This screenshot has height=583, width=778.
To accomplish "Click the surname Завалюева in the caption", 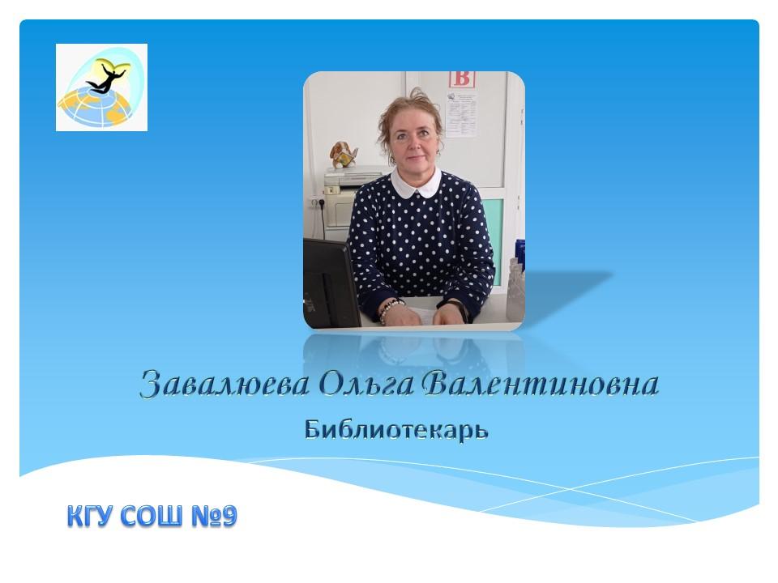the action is pos(224,384).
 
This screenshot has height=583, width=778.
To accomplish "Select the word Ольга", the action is pos(366,384).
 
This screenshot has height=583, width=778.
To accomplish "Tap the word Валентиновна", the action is pos(541,383).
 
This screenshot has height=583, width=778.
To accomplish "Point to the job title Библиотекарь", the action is pos(396,430).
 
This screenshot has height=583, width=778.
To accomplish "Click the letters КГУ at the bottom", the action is pos(92,516).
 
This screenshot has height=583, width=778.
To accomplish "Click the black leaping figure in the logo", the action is pos(105,79).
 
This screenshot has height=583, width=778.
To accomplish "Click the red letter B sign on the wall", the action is pos(462,79).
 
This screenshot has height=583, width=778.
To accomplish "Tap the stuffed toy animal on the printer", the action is pos(343,155).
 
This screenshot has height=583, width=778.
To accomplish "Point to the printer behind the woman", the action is pos(348,196).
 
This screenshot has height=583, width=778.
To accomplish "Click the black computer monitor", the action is pos(331,283).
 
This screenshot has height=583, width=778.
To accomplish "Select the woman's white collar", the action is pos(416,182).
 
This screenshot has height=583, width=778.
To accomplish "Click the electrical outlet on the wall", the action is pos(318,202).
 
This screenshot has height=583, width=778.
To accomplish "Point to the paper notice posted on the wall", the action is pos(461,114).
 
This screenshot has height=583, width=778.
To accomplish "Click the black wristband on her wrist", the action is pos(460,309).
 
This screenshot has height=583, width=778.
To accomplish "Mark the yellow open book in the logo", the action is pos(114,65).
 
